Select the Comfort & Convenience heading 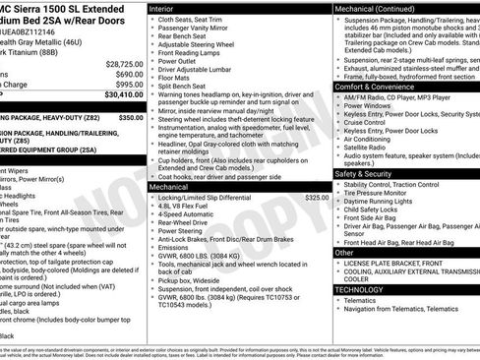click(379, 87)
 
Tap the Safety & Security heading click(368, 173)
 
